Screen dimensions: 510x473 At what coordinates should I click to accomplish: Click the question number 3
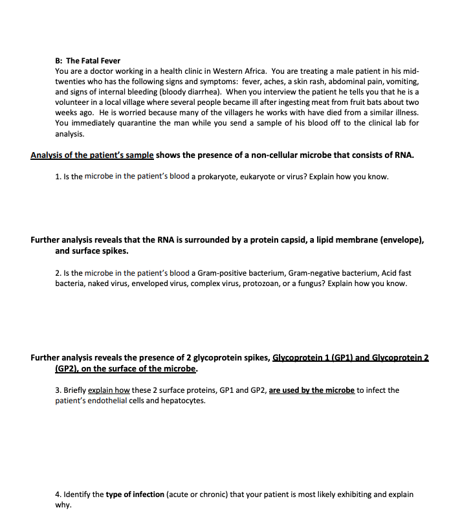(58, 390)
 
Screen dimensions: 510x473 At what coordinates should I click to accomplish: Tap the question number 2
(58, 273)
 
